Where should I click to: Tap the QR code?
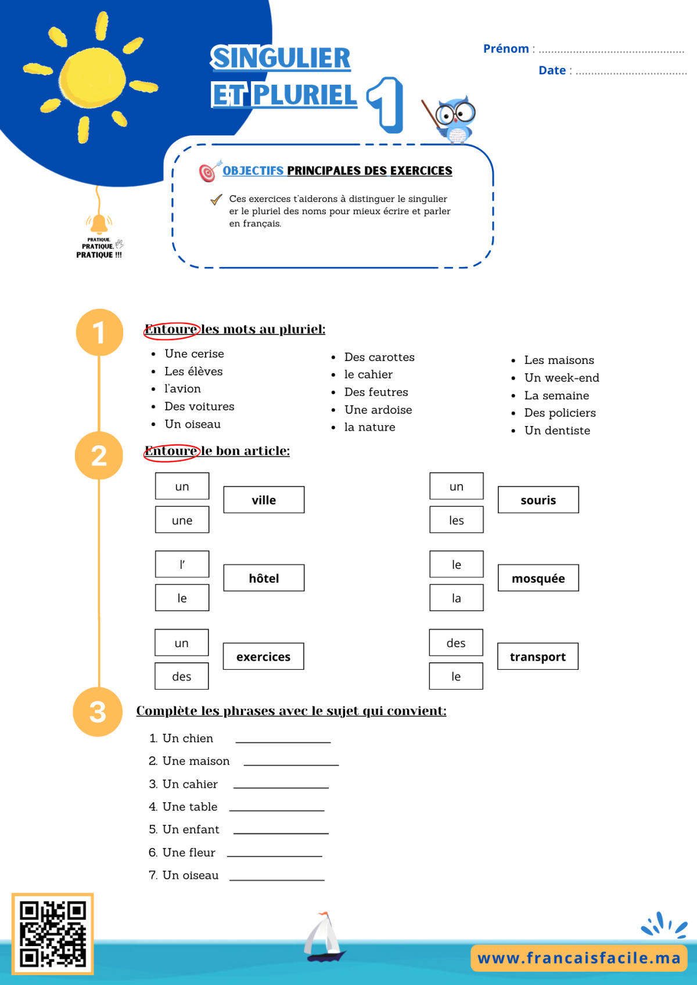(x=52, y=933)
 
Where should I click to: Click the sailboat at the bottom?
(x=324, y=936)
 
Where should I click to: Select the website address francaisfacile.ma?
(x=579, y=958)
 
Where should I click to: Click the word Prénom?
(x=505, y=48)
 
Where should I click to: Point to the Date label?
(x=552, y=70)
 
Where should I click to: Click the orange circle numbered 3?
(x=98, y=712)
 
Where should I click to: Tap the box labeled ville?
(x=264, y=500)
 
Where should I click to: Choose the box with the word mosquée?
(x=538, y=578)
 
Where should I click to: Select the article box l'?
(x=182, y=564)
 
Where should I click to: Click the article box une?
(x=182, y=519)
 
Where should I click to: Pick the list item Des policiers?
(x=559, y=413)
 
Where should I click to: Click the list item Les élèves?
(x=193, y=371)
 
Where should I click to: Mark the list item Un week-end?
(x=562, y=378)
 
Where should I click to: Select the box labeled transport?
(x=538, y=656)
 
